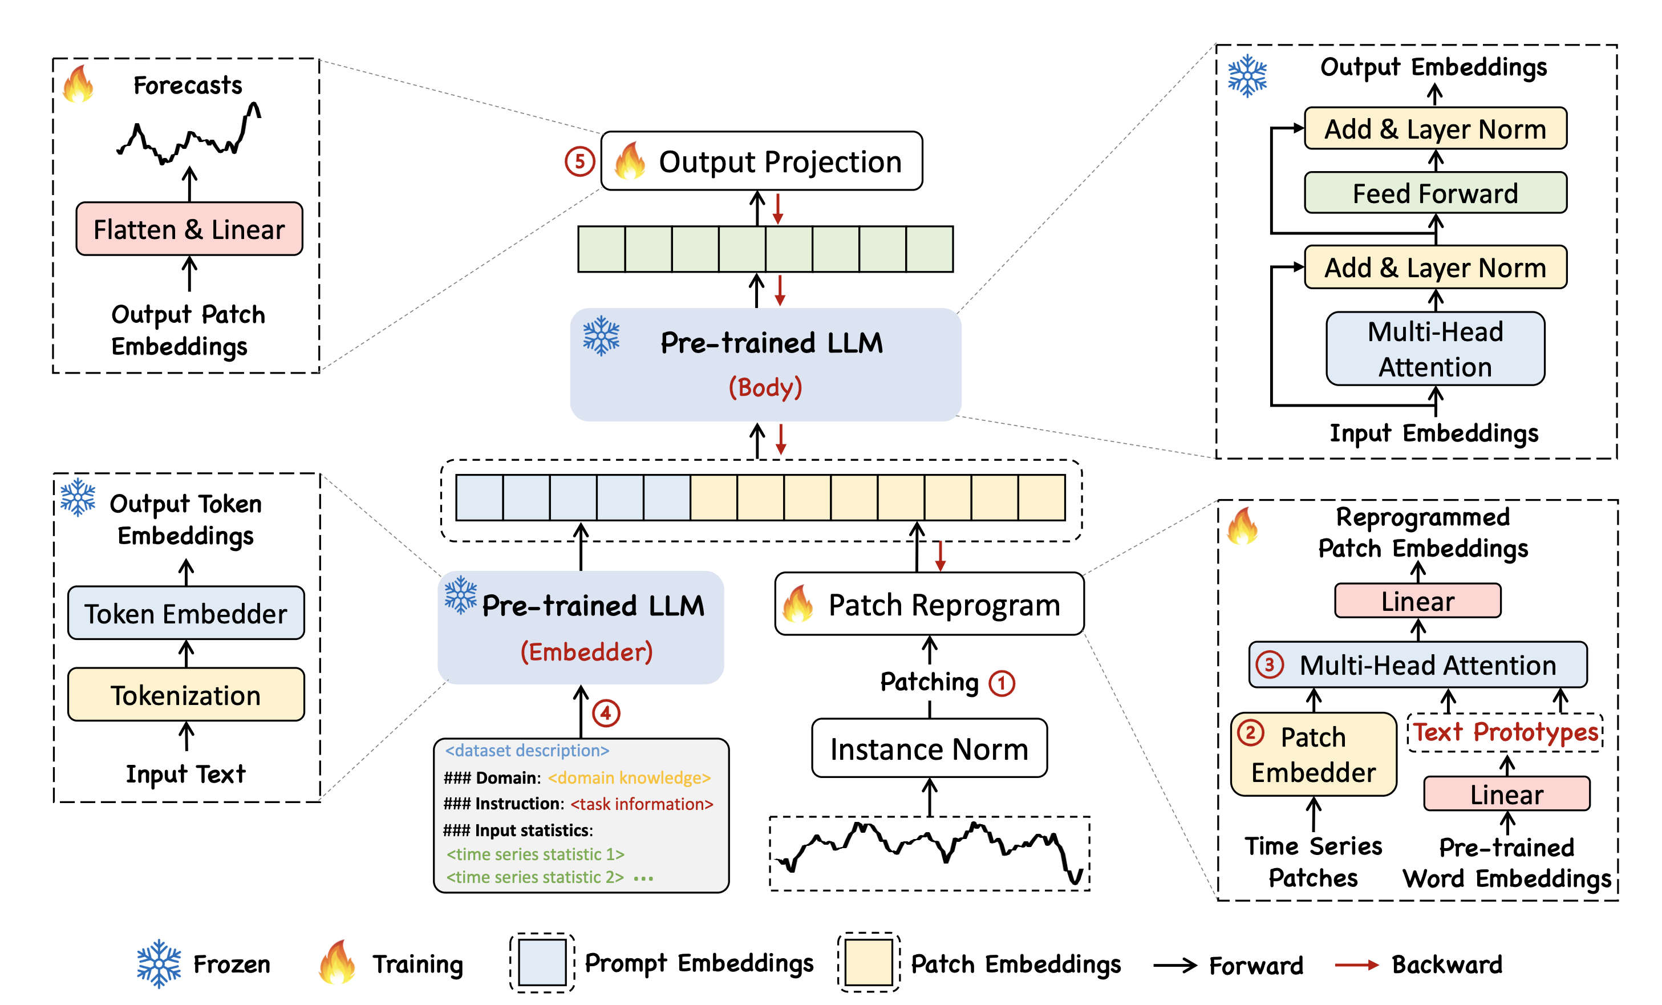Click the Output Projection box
761,161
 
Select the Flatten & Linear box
189,229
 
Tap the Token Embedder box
185,613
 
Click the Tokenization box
185,694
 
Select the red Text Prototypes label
1506,732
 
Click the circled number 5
579,161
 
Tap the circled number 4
606,713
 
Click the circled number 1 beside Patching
1001,683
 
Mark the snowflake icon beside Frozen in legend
159,963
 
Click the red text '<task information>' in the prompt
642,804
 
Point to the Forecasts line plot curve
189,135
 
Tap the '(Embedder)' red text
586,651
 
